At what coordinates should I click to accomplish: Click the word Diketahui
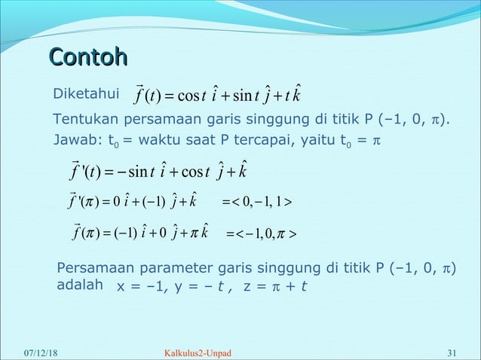(82, 95)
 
